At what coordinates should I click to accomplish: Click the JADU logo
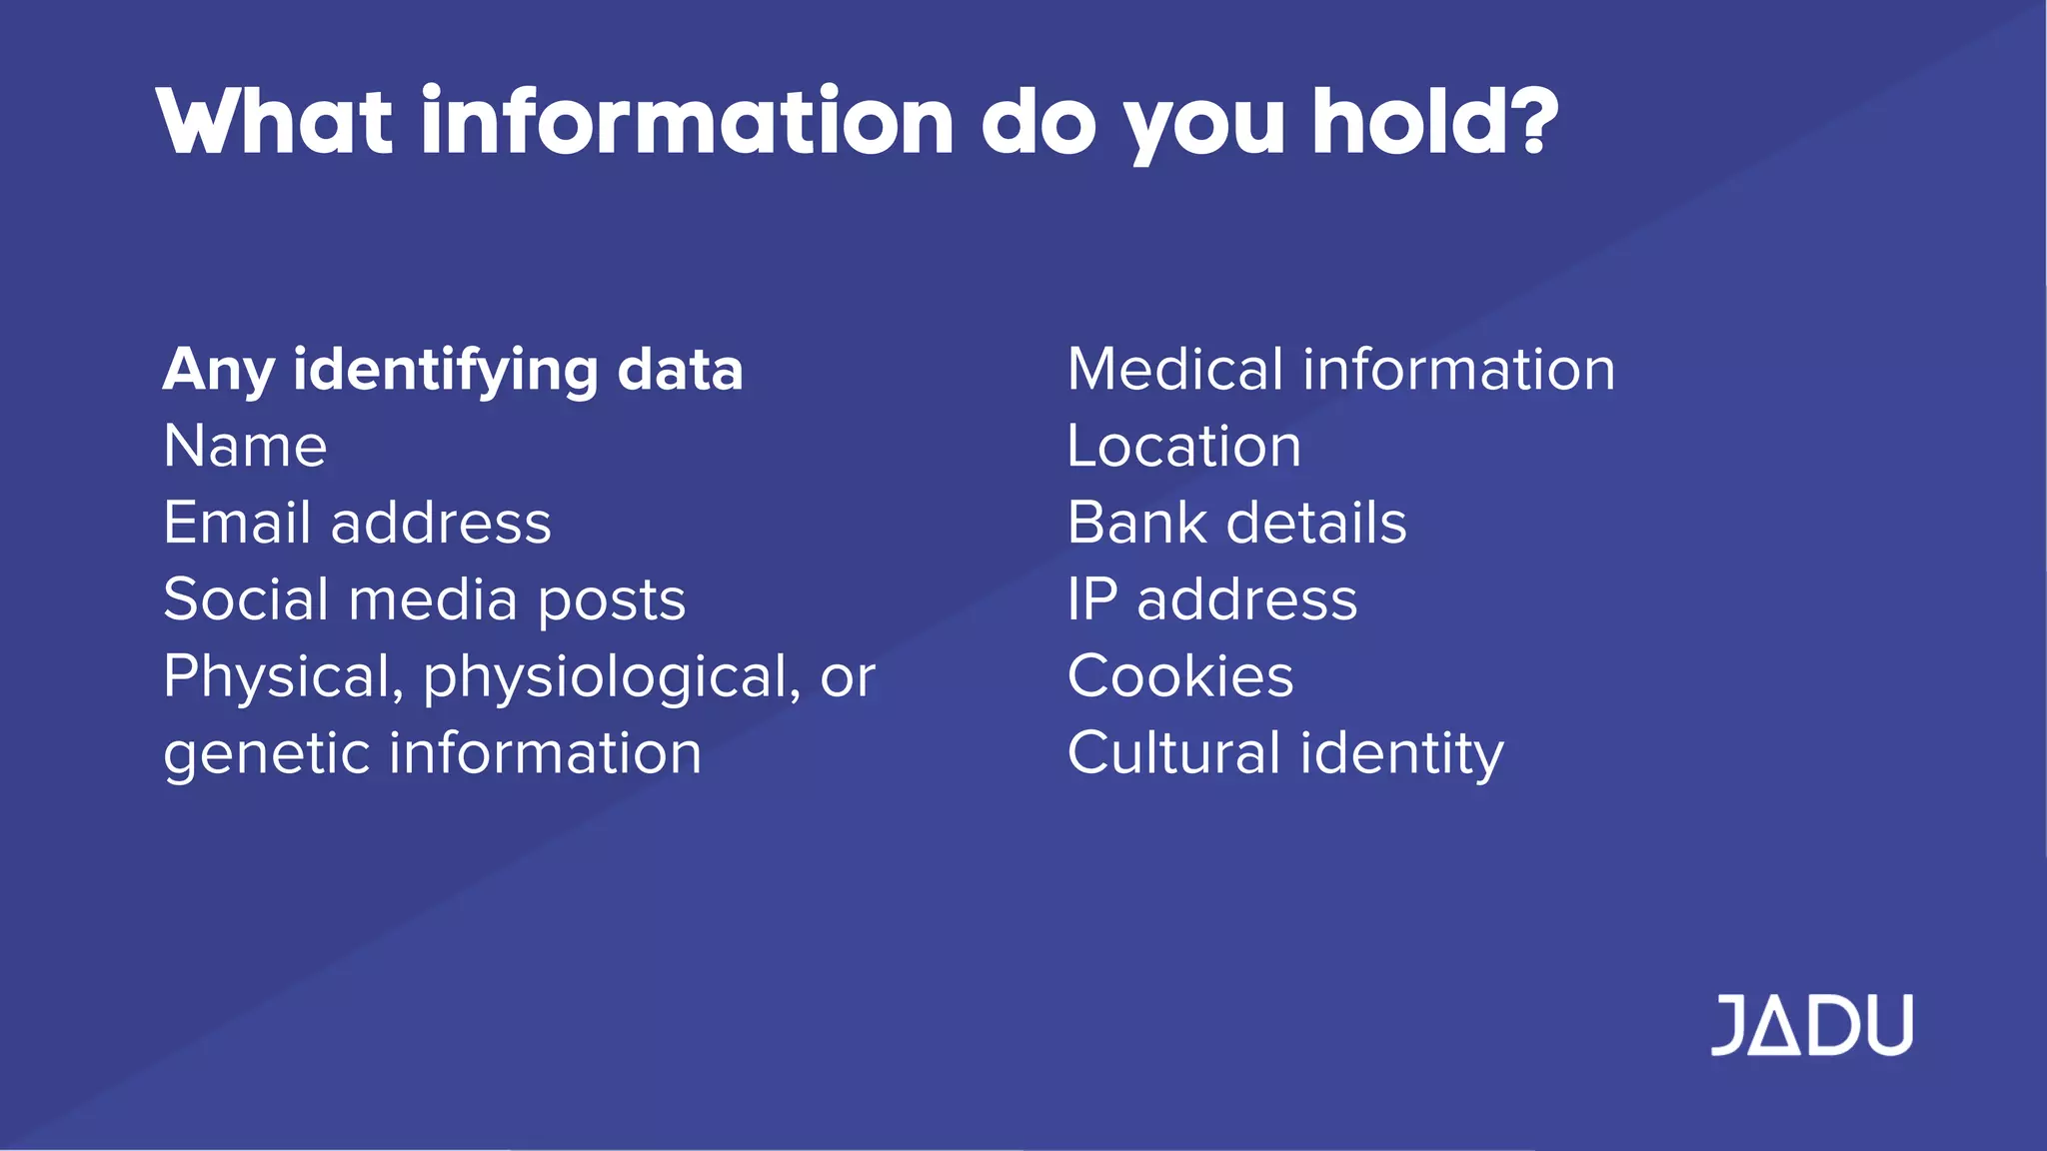[1811, 1024]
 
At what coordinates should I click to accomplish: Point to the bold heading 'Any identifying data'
[453, 370]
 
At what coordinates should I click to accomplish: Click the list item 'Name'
[245, 446]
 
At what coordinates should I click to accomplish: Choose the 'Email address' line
[357, 523]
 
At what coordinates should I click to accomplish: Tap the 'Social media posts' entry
[424, 599]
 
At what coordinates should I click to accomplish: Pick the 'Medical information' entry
[1340, 370]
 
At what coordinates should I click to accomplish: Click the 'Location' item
[1183, 446]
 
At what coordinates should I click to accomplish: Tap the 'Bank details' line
[1236, 523]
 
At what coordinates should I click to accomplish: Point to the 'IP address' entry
[1211, 599]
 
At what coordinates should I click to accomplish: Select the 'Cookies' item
[1179, 676]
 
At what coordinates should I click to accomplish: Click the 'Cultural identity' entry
[1284, 753]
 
